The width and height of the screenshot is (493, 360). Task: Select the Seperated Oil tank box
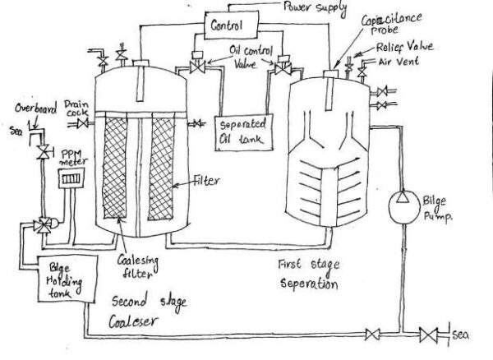242,130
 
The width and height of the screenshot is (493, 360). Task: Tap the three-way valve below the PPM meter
42,224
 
